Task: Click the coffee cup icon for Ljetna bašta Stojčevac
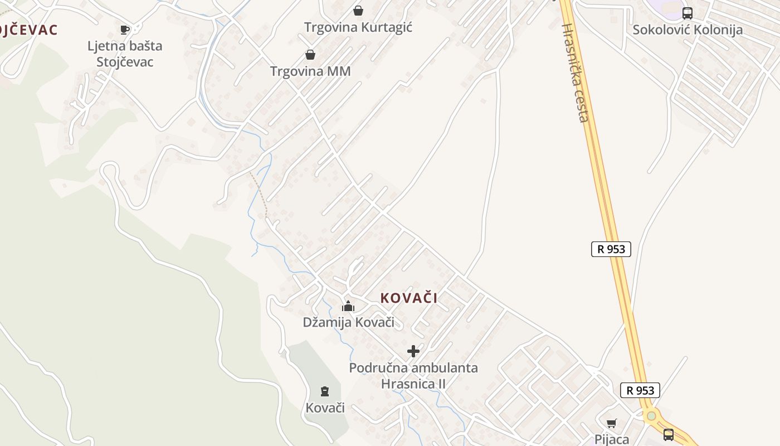[125, 29]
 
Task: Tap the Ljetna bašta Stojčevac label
[124, 54]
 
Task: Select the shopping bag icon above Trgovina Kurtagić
[358, 11]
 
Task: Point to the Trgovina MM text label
[310, 71]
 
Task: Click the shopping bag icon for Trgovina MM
[310, 55]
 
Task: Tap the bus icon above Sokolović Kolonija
[688, 13]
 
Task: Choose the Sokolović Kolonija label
[688, 30]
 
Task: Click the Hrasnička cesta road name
[575, 72]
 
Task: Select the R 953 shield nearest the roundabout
[640, 390]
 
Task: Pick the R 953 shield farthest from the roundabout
[611, 249]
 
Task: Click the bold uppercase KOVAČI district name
[409, 298]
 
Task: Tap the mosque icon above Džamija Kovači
[348, 306]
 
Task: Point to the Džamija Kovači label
[348, 322]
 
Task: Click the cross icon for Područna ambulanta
[413, 351]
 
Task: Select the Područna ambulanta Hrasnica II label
[413, 376]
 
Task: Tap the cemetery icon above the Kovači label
[325, 391]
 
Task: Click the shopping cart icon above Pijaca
[612, 423]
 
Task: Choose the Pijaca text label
[612, 439]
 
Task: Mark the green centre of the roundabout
[651, 416]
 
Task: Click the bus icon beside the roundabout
[669, 434]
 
